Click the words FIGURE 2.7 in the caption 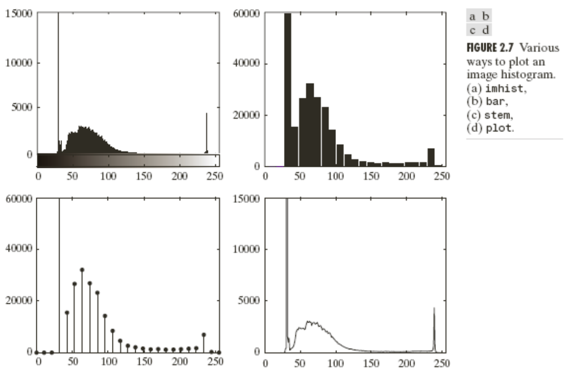tap(490, 48)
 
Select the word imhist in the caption tap(505, 88)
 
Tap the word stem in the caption tap(497, 115)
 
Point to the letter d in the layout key tap(486, 30)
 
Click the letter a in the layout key tap(473, 17)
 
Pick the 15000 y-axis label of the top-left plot tap(19, 14)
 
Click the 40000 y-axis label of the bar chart tap(246, 63)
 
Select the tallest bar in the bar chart tap(288, 90)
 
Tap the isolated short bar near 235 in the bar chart tap(431, 157)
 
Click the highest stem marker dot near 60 tap(82, 270)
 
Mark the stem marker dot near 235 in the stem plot tap(204, 335)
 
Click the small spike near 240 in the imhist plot tap(206, 133)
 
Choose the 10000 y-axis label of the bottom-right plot tap(246, 249)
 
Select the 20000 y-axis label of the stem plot tap(19, 300)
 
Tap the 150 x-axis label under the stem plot tap(144, 362)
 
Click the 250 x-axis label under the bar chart tap(442, 176)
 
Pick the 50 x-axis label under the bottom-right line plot tap(299, 363)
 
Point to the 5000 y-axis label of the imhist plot tap(22, 107)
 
